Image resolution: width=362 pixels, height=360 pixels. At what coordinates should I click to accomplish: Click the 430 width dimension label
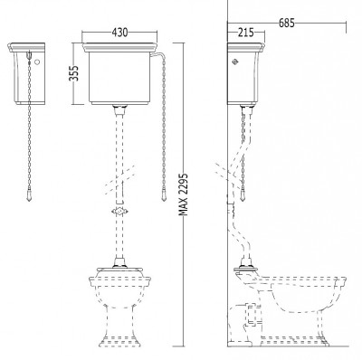[120, 33]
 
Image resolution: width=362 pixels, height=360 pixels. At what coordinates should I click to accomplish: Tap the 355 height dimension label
[74, 73]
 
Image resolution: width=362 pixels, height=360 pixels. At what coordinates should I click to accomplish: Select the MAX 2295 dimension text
[184, 194]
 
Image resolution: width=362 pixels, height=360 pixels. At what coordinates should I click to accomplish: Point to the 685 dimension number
[287, 23]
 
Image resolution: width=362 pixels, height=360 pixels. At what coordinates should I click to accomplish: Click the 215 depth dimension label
[246, 33]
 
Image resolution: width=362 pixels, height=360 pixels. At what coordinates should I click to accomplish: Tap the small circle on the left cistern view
[37, 62]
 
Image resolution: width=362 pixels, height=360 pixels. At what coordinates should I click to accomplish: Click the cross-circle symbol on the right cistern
[235, 62]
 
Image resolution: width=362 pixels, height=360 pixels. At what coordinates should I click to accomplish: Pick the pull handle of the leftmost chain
[29, 195]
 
